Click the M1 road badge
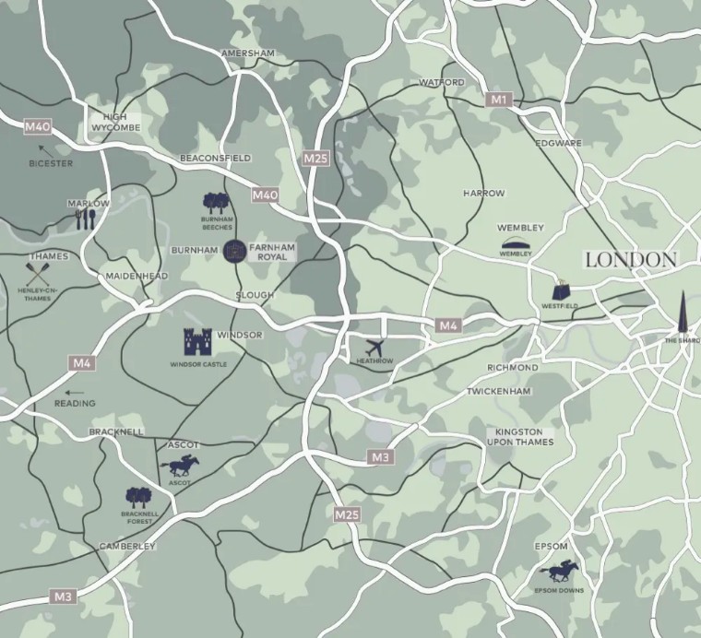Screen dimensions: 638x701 pyautogui.click(x=499, y=99)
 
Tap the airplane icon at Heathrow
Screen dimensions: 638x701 pyautogui.click(x=374, y=348)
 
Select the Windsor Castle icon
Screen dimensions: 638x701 pyautogui.click(x=197, y=342)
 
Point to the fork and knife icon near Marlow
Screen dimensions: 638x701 pyautogui.click(x=86, y=219)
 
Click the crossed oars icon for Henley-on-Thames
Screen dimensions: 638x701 pyautogui.click(x=38, y=274)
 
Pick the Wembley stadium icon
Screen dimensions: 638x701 pyautogui.click(x=516, y=243)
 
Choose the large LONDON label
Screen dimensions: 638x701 pyautogui.click(x=631, y=260)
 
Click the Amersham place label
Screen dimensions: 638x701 pyautogui.click(x=248, y=53)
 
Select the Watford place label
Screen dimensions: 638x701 pyautogui.click(x=442, y=82)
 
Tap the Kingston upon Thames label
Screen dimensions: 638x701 pyautogui.click(x=521, y=436)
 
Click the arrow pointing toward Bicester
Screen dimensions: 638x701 pyautogui.click(x=42, y=148)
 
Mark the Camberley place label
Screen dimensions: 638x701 pyautogui.click(x=127, y=546)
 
